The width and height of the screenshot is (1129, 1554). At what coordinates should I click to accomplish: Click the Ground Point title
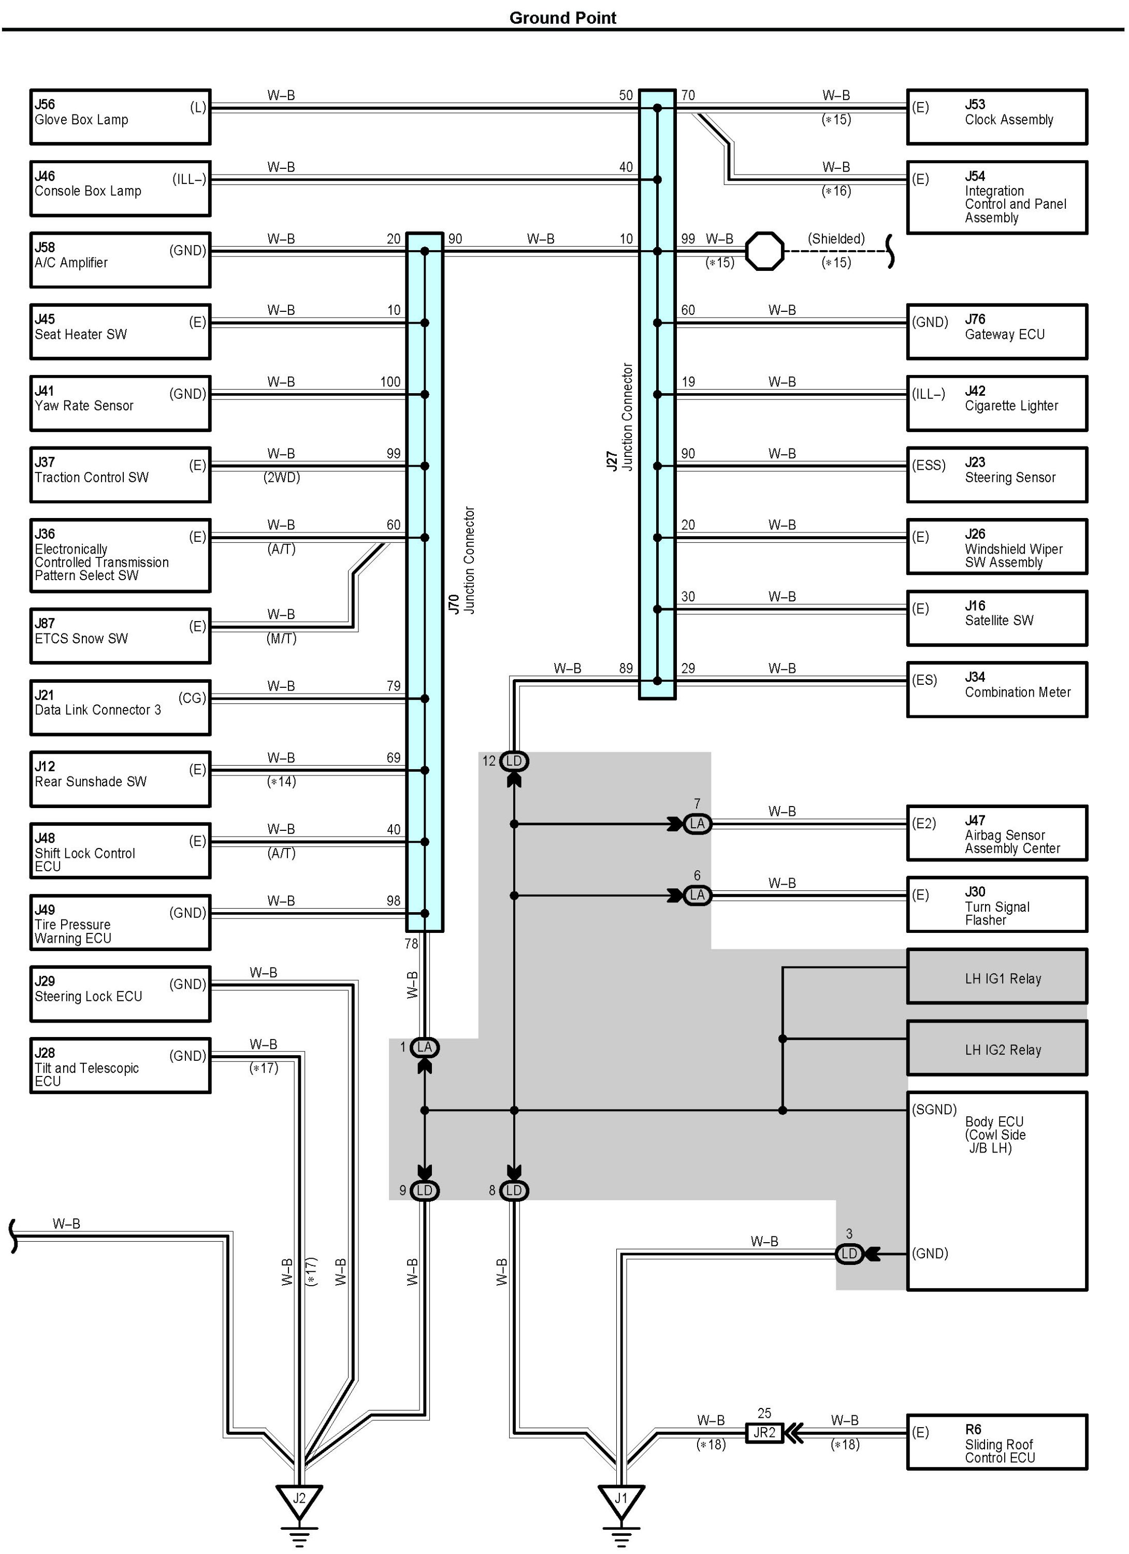[562, 18]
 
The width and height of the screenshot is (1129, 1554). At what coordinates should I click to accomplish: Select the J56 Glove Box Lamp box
[120, 117]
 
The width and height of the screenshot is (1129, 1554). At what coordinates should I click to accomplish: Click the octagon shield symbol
[764, 251]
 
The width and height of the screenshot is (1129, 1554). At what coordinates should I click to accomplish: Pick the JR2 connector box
[764, 1432]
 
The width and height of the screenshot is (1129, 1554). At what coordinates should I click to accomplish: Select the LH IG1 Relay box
[997, 977]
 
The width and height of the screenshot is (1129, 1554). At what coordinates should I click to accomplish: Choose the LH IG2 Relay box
[997, 1048]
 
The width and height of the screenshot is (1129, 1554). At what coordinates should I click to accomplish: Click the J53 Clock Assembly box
[997, 117]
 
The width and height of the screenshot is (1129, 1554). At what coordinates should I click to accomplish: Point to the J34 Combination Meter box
[997, 689]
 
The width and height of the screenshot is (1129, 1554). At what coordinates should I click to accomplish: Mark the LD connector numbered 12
[514, 760]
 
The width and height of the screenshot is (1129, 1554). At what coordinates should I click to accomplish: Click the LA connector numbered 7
[698, 824]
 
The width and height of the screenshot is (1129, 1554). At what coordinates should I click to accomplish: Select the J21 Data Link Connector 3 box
[120, 707]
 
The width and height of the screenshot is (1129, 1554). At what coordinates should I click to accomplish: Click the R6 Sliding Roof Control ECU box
[997, 1442]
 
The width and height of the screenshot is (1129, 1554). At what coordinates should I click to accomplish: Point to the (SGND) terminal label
[934, 1110]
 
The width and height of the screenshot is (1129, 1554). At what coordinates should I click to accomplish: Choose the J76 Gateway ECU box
[997, 332]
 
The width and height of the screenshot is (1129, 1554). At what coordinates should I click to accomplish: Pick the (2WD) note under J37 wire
[282, 478]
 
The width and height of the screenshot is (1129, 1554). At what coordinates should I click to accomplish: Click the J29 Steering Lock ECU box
[120, 994]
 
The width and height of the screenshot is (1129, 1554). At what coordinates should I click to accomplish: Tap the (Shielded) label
[836, 238]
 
